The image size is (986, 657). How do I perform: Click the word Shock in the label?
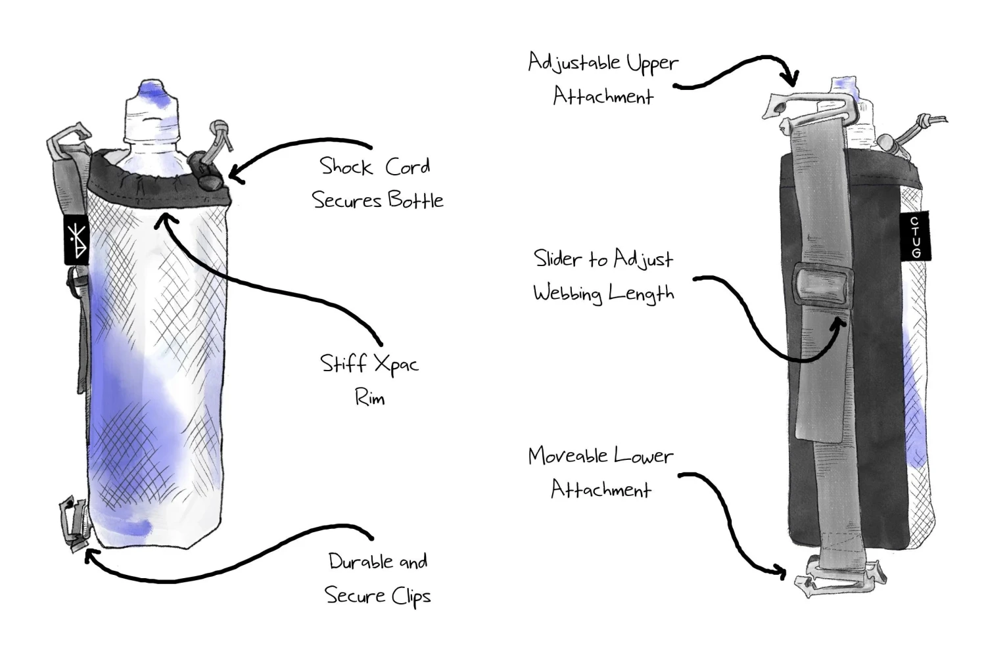pos(345,167)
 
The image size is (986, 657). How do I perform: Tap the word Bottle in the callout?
pos(415,200)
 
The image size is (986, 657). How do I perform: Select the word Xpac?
pos(394,364)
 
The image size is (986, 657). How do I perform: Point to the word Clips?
pos(411,597)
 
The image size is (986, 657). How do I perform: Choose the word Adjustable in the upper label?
pos(574,63)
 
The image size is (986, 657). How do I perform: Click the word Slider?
pos(557,259)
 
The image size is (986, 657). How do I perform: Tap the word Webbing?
pos(567,293)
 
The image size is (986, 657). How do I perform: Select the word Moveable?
pos(567,456)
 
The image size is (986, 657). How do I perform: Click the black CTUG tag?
pos(915,236)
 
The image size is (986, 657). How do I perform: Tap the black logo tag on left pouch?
pos(76,240)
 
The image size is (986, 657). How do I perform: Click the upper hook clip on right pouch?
pos(809,108)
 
